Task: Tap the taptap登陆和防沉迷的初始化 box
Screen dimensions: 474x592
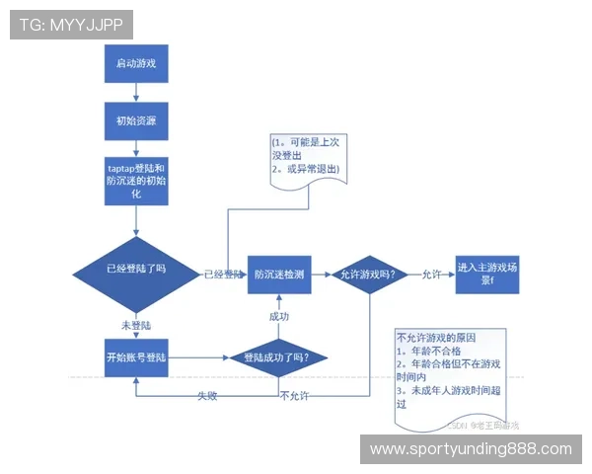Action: (136, 181)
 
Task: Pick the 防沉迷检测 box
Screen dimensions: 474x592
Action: (278, 275)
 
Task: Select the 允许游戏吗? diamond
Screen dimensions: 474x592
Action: (368, 275)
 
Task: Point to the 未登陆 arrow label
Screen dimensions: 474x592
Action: (136, 324)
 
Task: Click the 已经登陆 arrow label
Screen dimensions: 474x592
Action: (222, 275)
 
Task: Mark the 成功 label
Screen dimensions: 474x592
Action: (278, 316)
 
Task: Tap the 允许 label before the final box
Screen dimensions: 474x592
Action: (431, 275)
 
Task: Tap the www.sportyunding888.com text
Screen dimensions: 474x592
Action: (470, 449)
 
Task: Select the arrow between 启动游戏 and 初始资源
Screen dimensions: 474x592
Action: (136, 95)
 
